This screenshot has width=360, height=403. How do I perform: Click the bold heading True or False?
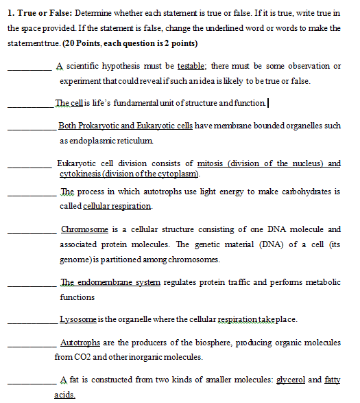coord(42,13)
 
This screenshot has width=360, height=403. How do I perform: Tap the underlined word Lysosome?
coord(79,319)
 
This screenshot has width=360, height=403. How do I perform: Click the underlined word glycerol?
coord(291,380)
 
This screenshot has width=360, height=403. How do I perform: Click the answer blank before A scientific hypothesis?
coord(29,68)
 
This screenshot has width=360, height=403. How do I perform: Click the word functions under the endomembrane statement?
coord(77,297)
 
